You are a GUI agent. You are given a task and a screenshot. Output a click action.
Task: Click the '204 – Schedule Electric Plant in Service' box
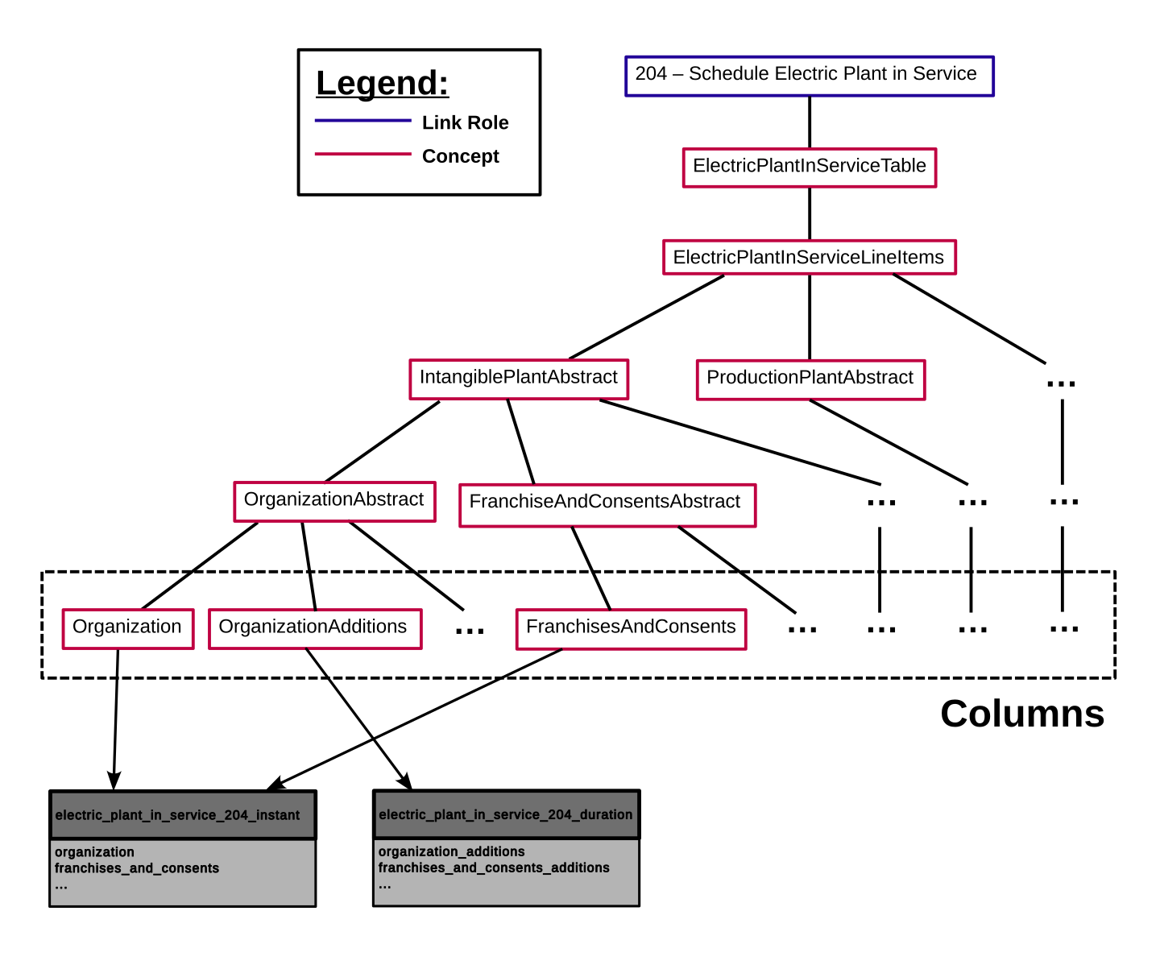click(x=809, y=76)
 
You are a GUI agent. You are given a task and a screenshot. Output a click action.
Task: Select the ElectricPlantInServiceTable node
click(x=809, y=168)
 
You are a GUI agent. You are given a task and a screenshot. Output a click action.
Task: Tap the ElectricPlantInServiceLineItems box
click(x=809, y=257)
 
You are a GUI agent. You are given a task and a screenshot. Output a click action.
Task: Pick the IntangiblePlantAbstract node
click(x=518, y=379)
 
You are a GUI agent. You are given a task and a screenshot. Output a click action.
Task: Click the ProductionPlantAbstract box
click(x=810, y=379)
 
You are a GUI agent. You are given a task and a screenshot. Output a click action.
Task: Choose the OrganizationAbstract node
click(x=333, y=501)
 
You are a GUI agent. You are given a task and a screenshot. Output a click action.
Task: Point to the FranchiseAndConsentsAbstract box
click(x=607, y=504)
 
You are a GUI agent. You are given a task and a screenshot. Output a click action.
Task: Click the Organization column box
click(x=128, y=628)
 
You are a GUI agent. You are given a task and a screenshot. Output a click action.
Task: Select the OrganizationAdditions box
click(x=314, y=628)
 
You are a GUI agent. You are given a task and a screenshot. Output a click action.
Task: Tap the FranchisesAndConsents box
click(x=631, y=629)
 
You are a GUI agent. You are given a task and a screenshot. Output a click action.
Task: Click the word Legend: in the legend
click(x=382, y=83)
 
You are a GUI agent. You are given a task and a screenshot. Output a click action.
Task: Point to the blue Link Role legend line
click(x=362, y=120)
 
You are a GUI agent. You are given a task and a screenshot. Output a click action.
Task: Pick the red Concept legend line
click(x=362, y=153)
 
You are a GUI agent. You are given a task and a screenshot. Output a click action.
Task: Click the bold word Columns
click(x=1021, y=714)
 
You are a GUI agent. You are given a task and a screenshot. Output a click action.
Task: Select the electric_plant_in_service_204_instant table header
click(x=183, y=814)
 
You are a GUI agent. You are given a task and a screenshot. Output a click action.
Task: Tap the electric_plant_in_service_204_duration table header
click(x=506, y=814)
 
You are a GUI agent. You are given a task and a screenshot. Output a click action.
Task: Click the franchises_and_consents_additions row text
click(x=493, y=868)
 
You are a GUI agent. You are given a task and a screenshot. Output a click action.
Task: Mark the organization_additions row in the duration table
click(x=451, y=851)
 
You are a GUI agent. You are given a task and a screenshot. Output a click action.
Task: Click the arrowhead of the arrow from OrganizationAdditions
click(x=405, y=782)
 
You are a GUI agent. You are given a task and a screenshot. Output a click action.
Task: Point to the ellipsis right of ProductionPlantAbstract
click(x=1061, y=383)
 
